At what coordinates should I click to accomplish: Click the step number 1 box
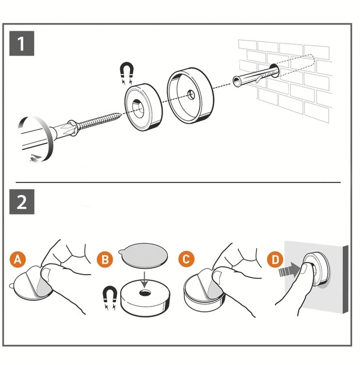(x=22, y=44)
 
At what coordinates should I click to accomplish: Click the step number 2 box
(x=22, y=203)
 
